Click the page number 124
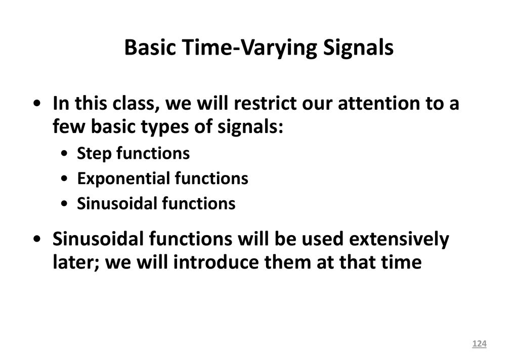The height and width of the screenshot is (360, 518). tap(479, 344)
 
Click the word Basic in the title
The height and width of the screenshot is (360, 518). tap(150, 47)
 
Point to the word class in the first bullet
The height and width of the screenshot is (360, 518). tap(134, 103)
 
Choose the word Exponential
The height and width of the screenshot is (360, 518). tap(123, 179)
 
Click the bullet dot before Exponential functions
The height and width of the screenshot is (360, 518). tap(64, 179)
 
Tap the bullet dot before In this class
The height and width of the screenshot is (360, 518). tap(37, 103)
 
